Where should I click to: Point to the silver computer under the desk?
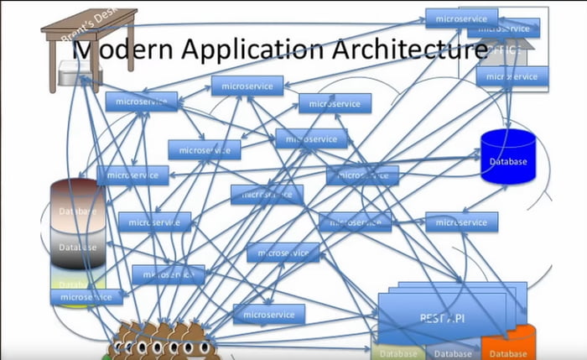(x=80, y=76)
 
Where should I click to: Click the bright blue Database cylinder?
(x=508, y=157)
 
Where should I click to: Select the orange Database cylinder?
(x=508, y=345)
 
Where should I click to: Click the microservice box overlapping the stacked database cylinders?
(x=86, y=297)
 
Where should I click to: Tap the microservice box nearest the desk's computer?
(x=141, y=102)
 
